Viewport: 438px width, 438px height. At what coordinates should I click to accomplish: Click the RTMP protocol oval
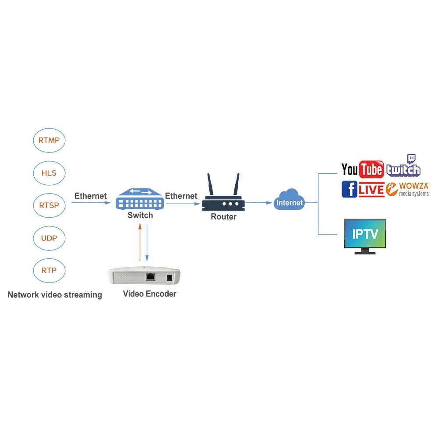[x=49, y=141]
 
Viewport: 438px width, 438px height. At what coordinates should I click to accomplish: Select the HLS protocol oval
[x=49, y=173]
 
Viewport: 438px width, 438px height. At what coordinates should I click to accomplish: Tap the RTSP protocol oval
[x=49, y=205]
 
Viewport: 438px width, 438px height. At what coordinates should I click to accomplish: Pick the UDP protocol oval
[x=49, y=238]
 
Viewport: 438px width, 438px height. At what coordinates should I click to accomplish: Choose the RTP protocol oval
[x=49, y=270]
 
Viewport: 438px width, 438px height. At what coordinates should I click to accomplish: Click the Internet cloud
[x=289, y=201]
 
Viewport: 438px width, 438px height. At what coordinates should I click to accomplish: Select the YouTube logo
[x=362, y=170]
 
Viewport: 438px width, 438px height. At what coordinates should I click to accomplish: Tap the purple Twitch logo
[x=403, y=167]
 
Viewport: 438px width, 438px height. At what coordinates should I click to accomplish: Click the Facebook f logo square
[x=349, y=189]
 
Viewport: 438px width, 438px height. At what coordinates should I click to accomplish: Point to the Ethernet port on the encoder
[x=150, y=276]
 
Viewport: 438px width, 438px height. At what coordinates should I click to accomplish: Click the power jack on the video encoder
[x=168, y=277]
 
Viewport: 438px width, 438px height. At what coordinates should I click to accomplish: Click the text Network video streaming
[x=55, y=295]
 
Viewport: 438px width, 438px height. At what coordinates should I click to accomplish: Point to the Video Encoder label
[x=149, y=294]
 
